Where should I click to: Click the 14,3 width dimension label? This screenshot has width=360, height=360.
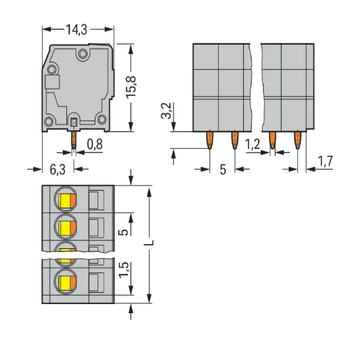[76, 29]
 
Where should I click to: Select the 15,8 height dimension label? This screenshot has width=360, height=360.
[131, 87]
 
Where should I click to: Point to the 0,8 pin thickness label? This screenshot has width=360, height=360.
[95, 144]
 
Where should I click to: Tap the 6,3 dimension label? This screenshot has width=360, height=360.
[57, 169]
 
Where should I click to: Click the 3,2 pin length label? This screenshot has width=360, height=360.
[166, 110]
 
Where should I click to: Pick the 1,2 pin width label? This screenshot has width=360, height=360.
[252, 145]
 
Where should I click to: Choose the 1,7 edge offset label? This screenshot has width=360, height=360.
[325, 161]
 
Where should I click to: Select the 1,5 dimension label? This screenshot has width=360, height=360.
[124, 270]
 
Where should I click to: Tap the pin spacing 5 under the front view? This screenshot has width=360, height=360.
[223, 169]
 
